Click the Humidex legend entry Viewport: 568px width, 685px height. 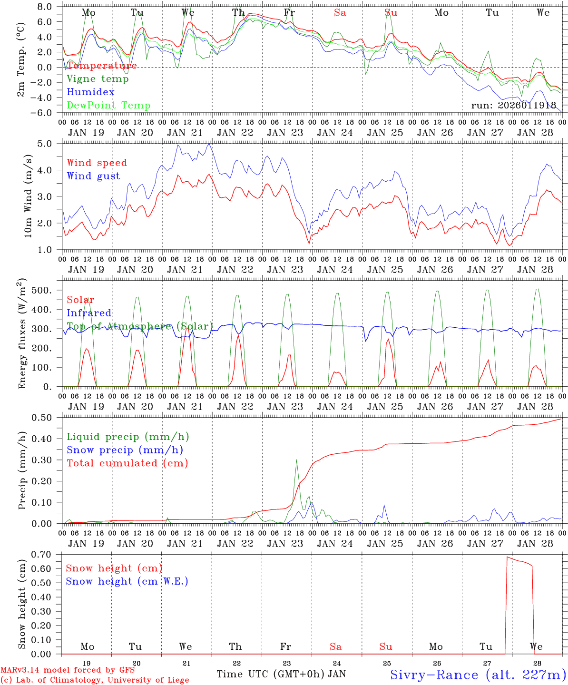point(90,92)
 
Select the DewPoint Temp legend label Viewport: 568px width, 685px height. point(108,106)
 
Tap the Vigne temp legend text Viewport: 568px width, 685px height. point(98,79)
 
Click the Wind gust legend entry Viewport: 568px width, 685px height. point(93,176)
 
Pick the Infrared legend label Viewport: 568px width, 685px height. point(89,313)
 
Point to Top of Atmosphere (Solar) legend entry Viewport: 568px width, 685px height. point(140,326)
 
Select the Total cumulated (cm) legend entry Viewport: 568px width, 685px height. point(127,463)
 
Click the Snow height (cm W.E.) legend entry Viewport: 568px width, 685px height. point(127,581)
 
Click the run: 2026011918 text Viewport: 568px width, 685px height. point(514,106)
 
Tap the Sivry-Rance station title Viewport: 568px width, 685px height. point(478,675)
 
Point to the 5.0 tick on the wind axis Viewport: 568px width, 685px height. point(48,144)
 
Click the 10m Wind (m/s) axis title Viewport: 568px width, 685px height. point(28,196)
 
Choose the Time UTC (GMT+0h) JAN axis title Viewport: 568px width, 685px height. point(281,674)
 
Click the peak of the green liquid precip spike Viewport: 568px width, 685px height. point(296,460)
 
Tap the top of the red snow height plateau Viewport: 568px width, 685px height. point(508,557)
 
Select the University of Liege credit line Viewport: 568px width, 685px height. point(95,680)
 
